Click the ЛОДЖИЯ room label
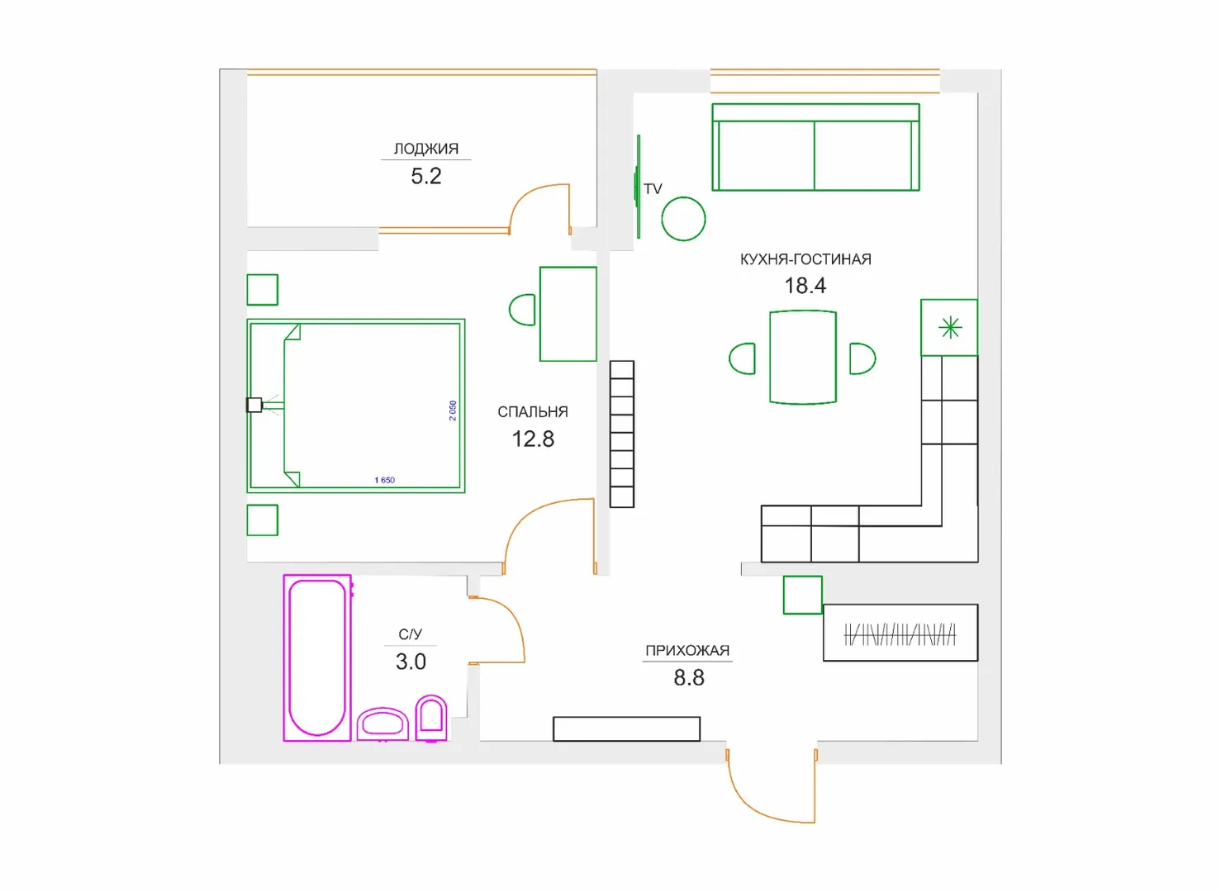(x=425, y=149)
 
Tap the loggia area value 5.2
(x=425, y=176)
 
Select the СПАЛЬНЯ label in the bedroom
(x=533, y=412)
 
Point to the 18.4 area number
(x=805, y=286)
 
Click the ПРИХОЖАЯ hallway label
(x=687, y=651)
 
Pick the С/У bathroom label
(x=410, y=634)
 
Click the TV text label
(x=653, y=189)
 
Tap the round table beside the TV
(x=683, y=219)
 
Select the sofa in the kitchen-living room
(x=815, y=147)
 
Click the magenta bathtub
(x=317, y=657)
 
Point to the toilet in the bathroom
(x=431, y=718)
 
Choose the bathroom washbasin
(x=382, y=724)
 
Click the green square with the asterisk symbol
(x=949, y=328)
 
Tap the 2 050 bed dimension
(x=453, y=410)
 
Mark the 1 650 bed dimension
(x=384, y=480)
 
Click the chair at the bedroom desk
(x=522, y=310)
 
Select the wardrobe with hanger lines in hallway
(x=900, y=633)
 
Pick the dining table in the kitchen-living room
(x=803, y=358)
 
